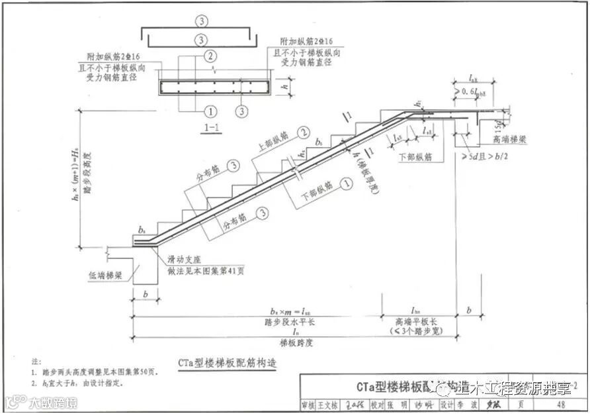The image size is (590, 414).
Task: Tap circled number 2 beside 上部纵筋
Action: tap(304, 132)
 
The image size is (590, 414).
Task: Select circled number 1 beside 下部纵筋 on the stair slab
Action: tap(344, 181)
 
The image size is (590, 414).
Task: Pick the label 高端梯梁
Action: tap(509, 140)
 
